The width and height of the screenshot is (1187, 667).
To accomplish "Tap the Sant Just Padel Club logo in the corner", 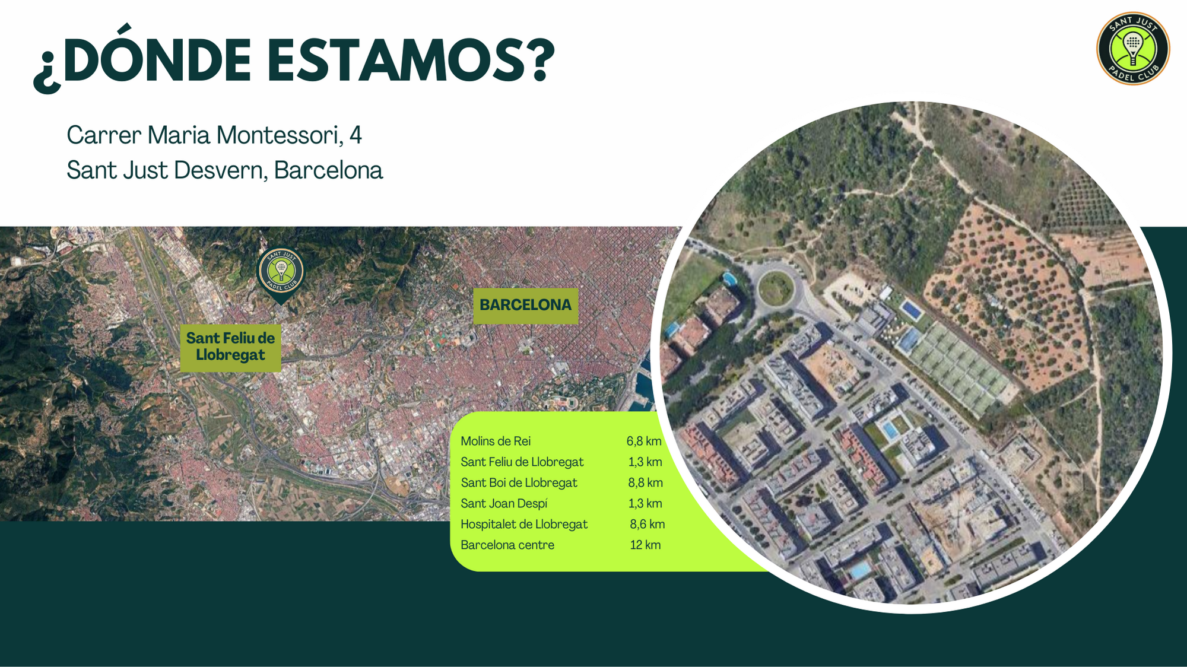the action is coord(1133,48).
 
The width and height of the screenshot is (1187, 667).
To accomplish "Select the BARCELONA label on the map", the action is coord(525,305).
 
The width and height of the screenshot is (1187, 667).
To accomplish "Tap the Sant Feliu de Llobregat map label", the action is coord(230,347).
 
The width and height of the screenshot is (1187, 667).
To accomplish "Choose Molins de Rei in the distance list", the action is coord(496,441).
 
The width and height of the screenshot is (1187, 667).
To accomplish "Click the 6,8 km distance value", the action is coord(644,441).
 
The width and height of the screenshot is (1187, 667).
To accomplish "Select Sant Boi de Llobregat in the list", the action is coord(519,482).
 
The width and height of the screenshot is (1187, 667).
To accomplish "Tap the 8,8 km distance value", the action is coord(645,482).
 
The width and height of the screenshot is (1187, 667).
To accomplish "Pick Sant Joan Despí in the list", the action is coord(504,503).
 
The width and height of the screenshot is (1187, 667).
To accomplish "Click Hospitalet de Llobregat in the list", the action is coord(524,524).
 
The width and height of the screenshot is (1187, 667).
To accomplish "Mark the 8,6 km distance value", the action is coord(647,524).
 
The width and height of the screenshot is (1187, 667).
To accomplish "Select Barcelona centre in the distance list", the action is coord(507,545).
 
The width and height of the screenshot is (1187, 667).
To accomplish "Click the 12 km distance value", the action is coord(645,545).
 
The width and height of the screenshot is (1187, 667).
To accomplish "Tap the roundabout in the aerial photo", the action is coord(776,289).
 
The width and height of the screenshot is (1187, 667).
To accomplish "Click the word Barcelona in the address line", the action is coord(328,170).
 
